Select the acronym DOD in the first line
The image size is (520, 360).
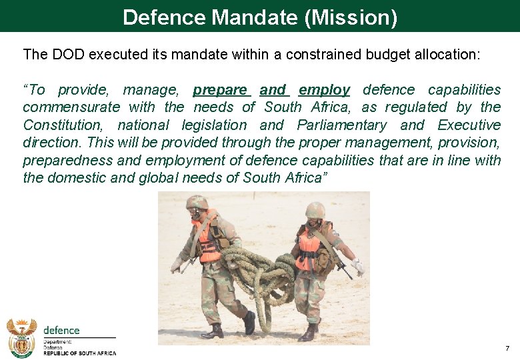click(x=65, y=54)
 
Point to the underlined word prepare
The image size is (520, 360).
click(x=220, y=89)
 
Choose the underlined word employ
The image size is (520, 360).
click(x=324, y=89)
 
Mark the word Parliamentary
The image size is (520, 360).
click(x=341, y=125)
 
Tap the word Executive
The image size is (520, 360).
click(x=469, y=125)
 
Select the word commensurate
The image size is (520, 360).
click(x=71, y=107)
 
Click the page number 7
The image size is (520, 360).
click(x=507, y=349)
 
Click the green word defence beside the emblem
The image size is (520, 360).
click(x=61, y=330)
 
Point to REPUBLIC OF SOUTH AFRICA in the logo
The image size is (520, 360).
click(x=79, y=354)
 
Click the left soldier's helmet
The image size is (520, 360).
click(x=197, y=202)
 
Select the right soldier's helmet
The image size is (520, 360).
click(x=315, y=210)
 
